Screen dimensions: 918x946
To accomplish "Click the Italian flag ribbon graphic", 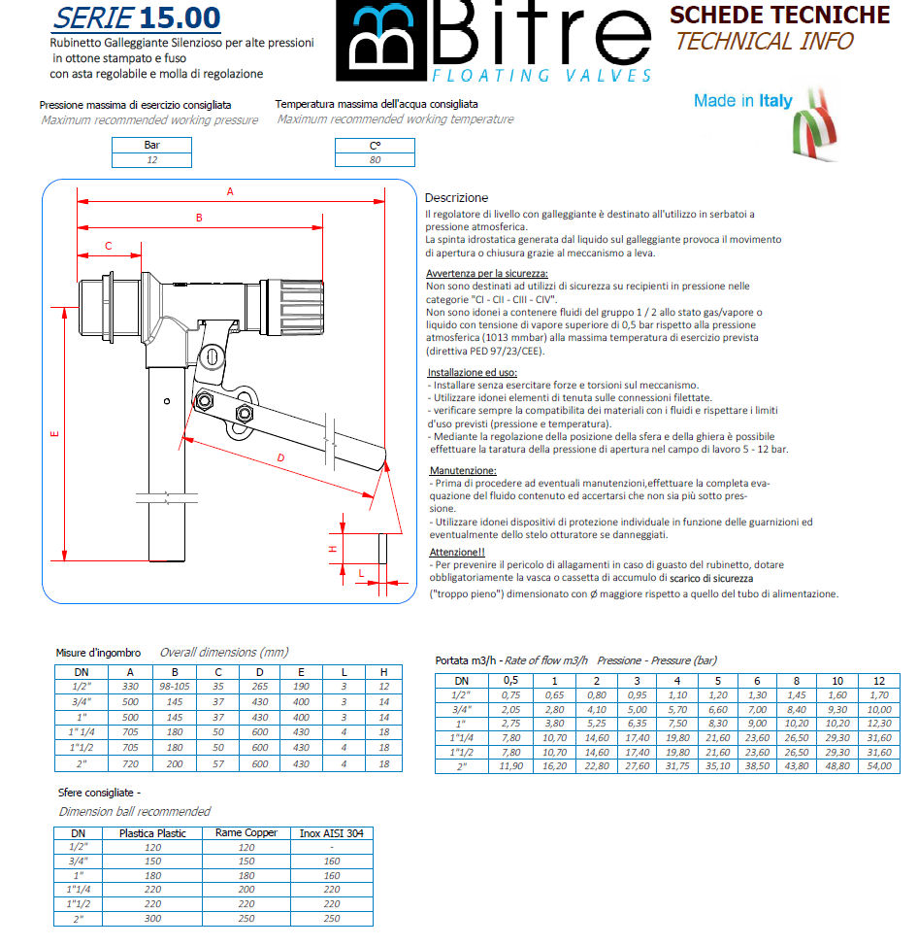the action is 814,125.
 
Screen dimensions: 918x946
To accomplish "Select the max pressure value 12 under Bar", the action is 152,160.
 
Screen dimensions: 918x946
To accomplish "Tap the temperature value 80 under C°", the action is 375,160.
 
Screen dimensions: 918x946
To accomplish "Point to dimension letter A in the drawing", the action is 230,192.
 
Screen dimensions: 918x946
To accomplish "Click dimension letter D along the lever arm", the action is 280,457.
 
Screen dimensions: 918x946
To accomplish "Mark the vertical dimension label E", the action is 55,433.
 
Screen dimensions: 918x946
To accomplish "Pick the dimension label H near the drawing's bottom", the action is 332,549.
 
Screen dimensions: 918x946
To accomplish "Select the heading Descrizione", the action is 456,198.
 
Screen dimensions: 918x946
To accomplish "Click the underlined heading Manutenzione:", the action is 463,471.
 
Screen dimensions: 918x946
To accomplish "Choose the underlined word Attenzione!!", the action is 457,552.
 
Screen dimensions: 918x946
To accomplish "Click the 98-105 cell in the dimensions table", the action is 175,687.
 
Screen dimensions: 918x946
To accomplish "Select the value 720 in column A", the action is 130,763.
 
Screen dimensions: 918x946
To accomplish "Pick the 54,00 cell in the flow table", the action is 879,766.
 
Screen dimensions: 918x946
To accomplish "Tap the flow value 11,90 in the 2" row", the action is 510,766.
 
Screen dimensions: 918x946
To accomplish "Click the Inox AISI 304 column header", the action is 332,833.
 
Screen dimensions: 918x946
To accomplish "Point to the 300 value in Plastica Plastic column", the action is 152,918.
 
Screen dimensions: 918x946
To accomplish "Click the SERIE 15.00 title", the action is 137,18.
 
